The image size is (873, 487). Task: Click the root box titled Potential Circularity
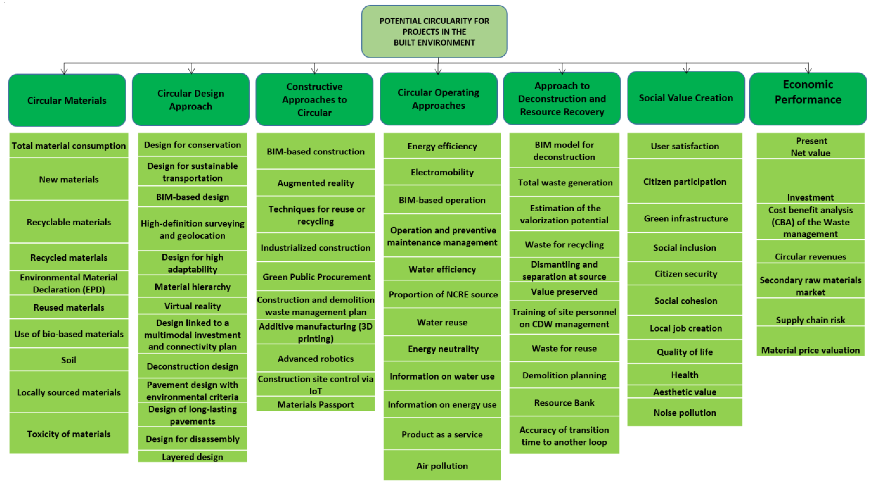pyautogui.click(x=434, y=31)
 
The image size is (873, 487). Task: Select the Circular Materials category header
pyautogui.click(x=67, y=100)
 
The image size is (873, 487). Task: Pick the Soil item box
pyautogui.click(x=69, y=360)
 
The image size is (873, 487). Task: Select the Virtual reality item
pyautogui.click(x=193, y=306)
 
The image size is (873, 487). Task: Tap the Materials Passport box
pyautogui.click(x=315, y=404)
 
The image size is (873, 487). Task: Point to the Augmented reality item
pyautogui.click(x=315, y=183)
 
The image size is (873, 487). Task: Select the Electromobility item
pyautogui.click(x=442, y=172)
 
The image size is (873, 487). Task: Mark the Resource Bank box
pyautogui.click(x=564, y=402)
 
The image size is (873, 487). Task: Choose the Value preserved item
pyautogui.click(x=564, y=292)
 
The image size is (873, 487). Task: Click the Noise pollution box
pyautogui.click(x=685, y=412)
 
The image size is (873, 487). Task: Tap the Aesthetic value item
pyautogui.click(x=685, y=392)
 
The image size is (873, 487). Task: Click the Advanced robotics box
pyautogui.click(x=315, y=358)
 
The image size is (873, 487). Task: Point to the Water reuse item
pyautogui.click(x=442, y=322)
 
